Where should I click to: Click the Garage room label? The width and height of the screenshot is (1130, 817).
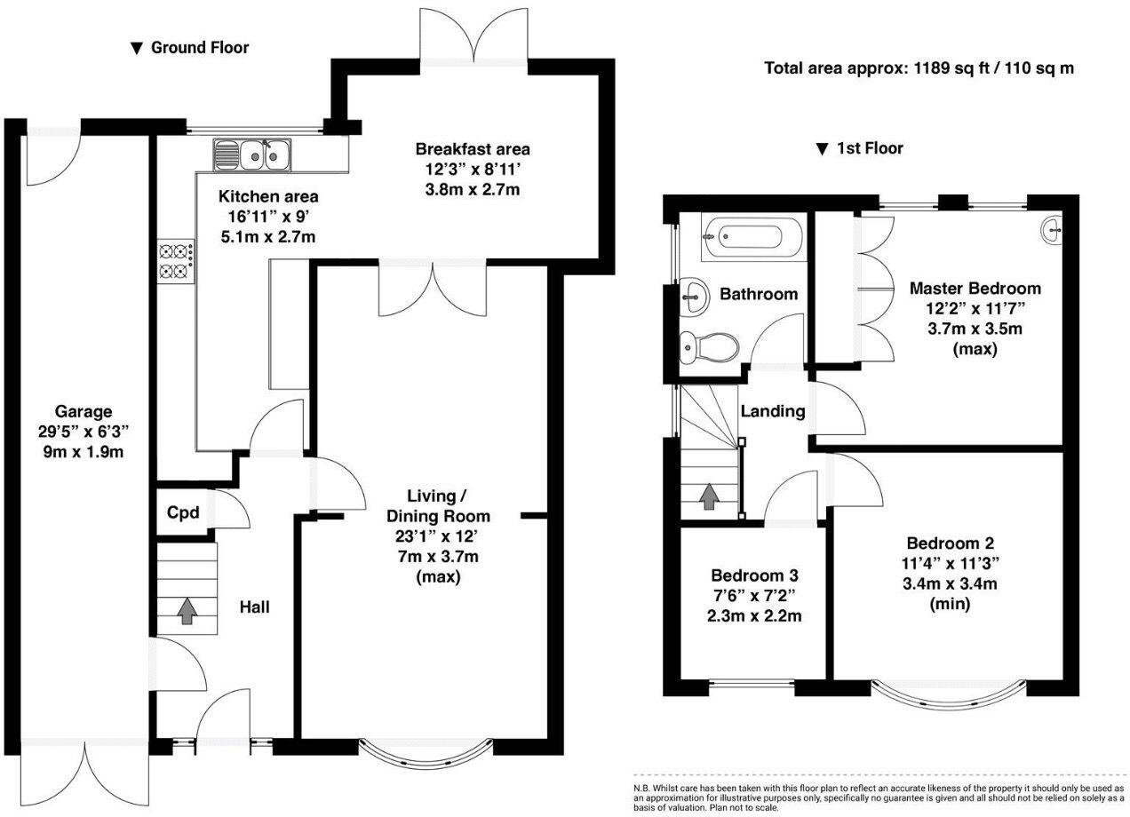point(84,411)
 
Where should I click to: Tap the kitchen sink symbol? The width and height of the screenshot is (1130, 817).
point(251,155)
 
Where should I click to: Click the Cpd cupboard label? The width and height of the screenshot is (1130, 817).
point(183,513)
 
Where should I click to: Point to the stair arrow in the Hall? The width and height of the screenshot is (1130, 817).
point(187,612)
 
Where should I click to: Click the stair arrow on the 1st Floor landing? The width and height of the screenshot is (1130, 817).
point(708,496)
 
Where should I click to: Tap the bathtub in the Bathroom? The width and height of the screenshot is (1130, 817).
point(752,237)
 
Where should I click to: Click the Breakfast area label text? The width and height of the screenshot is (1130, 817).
point(472,149)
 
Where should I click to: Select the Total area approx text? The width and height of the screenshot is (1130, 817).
point(919,67)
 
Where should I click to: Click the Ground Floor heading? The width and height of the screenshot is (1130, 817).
point(190,48)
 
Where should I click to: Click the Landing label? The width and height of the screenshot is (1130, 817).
point(773,411)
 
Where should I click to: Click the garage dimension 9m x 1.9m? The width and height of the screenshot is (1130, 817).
point(84,452)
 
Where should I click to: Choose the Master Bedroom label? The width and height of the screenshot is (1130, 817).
point(975,289)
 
